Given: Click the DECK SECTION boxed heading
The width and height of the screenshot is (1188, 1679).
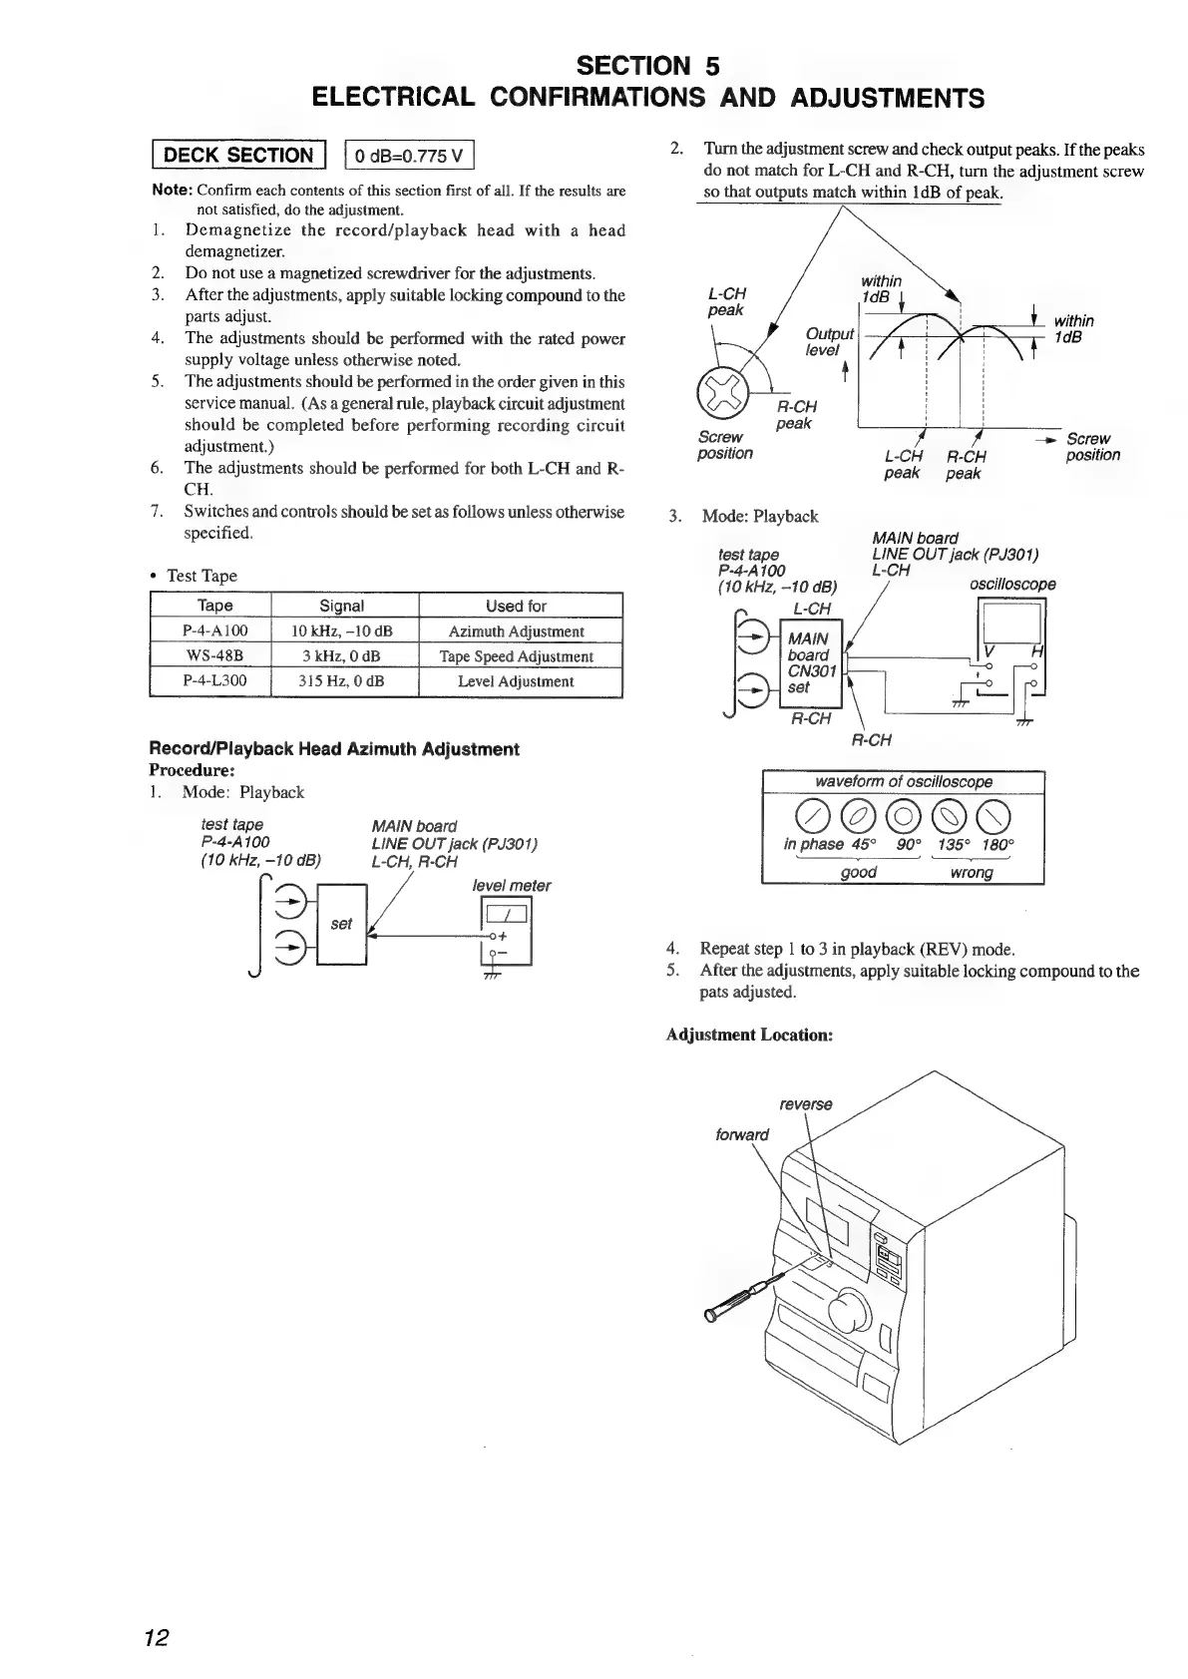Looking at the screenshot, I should pyautogui.click(x=237, y=155).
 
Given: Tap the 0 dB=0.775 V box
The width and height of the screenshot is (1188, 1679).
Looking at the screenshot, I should pyautogui.click(x=409, y=155).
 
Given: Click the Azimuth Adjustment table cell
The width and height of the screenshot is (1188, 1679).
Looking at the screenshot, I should pyautogui.click(x=516, y=631).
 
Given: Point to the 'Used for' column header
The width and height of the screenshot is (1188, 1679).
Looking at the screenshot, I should pyautogui.click(x=516, y=606).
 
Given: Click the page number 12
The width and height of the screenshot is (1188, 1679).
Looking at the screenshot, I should pyautogui.click(x=156, y=1637).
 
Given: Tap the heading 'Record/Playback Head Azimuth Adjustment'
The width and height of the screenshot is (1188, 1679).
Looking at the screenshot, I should pyautogui.click(x=333, y=749).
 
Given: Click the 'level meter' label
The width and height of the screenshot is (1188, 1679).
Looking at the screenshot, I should pyautogui.click(x=511, y=885).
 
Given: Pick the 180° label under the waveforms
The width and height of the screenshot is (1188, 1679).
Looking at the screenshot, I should pyautogui.click(x=997, y=844).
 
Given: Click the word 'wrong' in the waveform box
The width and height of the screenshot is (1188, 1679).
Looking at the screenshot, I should pyautogui.click(x=972, y=873).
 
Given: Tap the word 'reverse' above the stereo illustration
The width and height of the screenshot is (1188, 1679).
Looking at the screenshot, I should pyautogui.click(x=805, y=1104).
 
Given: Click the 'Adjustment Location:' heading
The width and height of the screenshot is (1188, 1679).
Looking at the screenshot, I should pyautogui.click(x=749, y=1035).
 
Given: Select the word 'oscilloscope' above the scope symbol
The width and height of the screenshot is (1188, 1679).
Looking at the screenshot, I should pyautogui.click(x=1012, y=585).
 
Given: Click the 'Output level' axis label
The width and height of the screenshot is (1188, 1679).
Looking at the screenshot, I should pyautogui.click(x=829, y=341).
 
